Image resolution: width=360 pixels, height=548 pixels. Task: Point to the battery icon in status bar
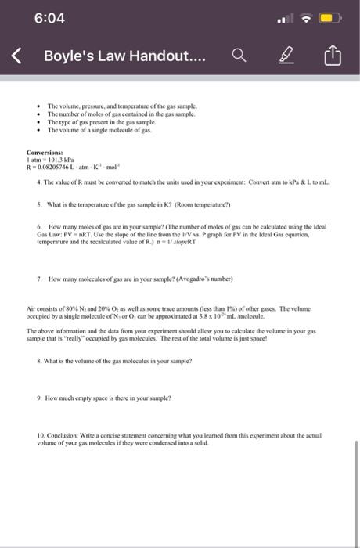pos(330,17)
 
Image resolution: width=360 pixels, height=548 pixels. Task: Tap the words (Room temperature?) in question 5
pos(201,206)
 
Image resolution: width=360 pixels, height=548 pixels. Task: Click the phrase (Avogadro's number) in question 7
pos(210,279)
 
